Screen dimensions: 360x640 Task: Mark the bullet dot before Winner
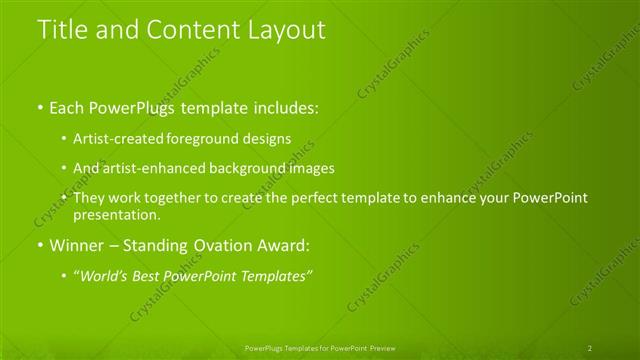coord(40,245)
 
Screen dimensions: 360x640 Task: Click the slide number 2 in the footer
coord(590,348)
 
